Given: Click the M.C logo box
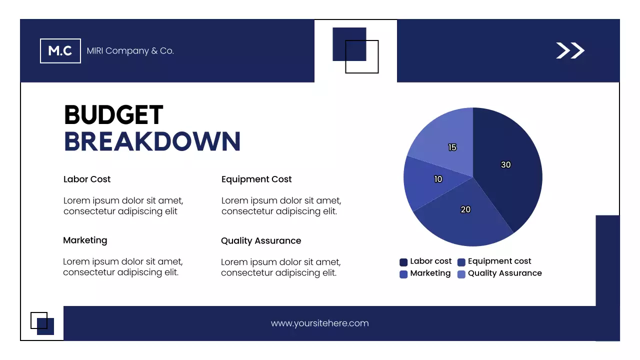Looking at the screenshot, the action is tap(60, 51).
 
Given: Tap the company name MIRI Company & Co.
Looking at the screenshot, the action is tap(130, 51).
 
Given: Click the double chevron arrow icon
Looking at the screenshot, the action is tap(570, 50).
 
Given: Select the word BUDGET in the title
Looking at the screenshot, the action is tap(113, 115).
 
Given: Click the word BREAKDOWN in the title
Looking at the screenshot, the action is tap(152, 141).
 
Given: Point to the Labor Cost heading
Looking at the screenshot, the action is tap(87, 179).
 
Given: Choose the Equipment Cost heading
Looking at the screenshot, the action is tap(256, 179).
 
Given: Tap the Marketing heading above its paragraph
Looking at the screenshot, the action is tap(85, 240).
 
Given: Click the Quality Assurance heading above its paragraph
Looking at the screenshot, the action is tap(261, 241).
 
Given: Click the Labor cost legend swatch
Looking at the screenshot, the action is tap(403, 262).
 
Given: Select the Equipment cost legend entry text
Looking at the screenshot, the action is tap(499, 261).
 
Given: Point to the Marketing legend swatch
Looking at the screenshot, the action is tap(403, 274).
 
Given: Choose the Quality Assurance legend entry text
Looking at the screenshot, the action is tap(505, 273).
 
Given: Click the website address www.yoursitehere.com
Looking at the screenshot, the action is tap(319, 323).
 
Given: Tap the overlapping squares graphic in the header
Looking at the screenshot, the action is tap(355, 50).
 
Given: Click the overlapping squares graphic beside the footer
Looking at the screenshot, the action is tap(42, 323).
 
